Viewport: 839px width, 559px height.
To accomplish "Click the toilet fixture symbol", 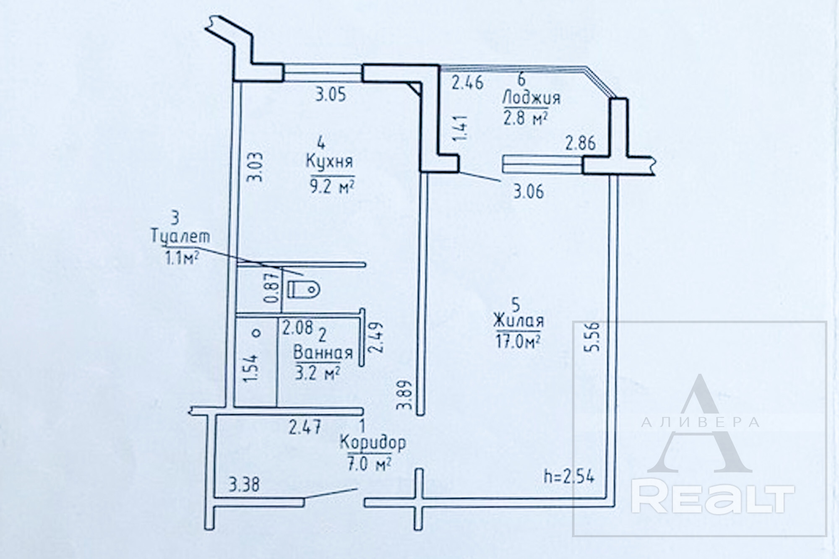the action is (x=304, y=289).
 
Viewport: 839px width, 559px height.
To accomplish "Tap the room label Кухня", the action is (x=329, y=161).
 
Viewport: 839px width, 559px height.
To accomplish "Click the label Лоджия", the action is (x=531, y=98).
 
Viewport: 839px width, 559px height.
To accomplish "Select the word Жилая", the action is (x=519, y=321).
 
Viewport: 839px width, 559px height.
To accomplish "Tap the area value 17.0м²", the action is (x=519, y=341).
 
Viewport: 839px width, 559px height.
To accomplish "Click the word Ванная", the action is (x=323, y=352).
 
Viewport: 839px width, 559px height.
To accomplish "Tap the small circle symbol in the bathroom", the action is (x=256, y=333).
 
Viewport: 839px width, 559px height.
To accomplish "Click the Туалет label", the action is (x=180, y=237).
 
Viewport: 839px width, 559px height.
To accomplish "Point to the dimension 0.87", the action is (x=272, y=288).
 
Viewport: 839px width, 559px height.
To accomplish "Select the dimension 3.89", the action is (x=404, y=395).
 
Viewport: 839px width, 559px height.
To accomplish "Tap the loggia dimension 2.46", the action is (x=467, y=83).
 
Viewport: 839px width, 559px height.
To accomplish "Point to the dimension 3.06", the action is (x=529, y=192).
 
